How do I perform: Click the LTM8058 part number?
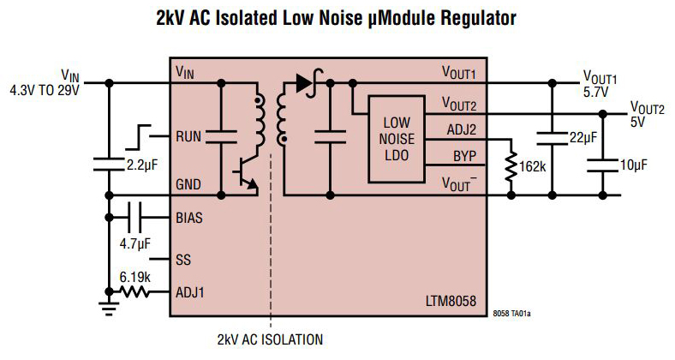point(451,303)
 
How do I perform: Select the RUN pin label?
point(188,136)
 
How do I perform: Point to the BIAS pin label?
point(190,218)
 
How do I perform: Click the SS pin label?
point(182,257)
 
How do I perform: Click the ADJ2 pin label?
point(463,129)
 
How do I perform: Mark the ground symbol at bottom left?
point(109,304)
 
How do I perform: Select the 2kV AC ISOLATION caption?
point(270,339)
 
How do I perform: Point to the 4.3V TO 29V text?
point(44,90)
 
